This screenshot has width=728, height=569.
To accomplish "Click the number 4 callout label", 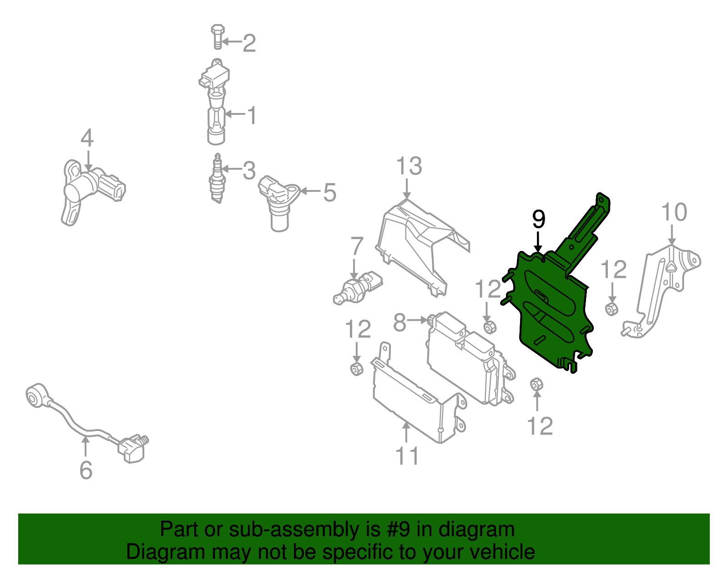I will coord(87,138).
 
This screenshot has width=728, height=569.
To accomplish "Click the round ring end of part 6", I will coord(35,395).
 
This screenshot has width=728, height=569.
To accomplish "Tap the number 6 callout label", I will coord(86,470).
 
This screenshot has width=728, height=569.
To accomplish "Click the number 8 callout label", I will coord(399,323).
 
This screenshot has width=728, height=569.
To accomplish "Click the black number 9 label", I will coord(538,220).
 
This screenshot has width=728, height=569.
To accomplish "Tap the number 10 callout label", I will coord(674,213).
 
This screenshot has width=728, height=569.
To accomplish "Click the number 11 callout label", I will coord(407,456).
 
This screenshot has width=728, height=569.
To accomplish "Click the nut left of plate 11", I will coord(356,369).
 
